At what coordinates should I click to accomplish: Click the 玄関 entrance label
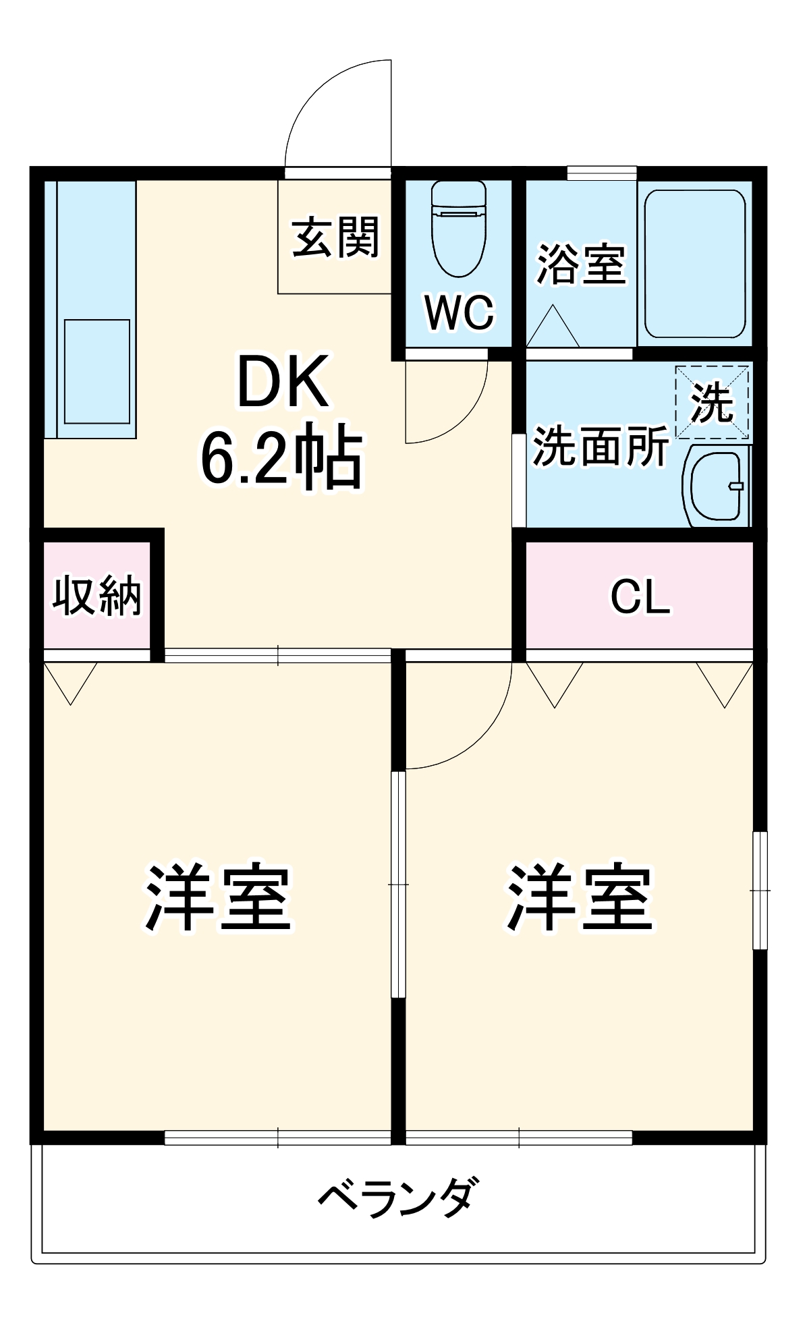[x=335, y=237]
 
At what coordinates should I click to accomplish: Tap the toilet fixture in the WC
[x=459, y=229]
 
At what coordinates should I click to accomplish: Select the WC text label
[x=459, y=312]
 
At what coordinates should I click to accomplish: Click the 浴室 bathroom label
[x=581, y=263]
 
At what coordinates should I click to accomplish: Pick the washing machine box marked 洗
[x=713, y=403]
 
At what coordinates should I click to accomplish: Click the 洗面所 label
[x=601, y=446]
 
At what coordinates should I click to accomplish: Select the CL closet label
[x=640, y=596]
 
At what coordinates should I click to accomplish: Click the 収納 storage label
[x=97, y=596]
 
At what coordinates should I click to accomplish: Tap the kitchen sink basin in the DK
[x=96, y=371]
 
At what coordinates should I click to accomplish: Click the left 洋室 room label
[x=217, y=898]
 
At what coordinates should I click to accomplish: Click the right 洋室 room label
[x=580, y=898]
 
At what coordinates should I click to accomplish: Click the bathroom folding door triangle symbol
[x=552, y=327]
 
